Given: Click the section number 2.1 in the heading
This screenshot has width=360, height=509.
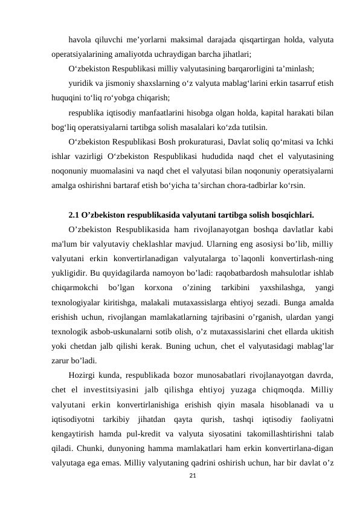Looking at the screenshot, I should [x=75, y=215].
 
